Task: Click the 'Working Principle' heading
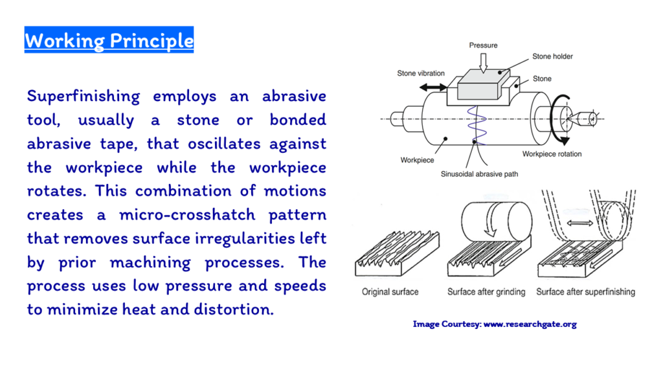109,40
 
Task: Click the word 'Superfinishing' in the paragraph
84,96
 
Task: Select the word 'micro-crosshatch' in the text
187,215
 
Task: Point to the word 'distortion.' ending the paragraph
234,310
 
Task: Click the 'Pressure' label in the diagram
483,45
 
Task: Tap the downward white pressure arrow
483,62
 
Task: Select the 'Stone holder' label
552,56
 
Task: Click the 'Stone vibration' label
421,73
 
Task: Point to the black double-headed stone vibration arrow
433,87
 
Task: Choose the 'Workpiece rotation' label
552,154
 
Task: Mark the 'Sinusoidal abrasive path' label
479,174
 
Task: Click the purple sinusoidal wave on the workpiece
477,125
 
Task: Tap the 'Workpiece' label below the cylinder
417,160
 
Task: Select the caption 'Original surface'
390,292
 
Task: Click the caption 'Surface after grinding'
486,292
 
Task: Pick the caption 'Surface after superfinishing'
585,292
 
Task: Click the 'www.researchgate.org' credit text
530,324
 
